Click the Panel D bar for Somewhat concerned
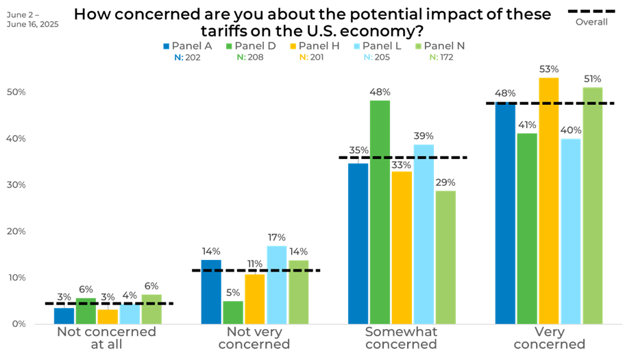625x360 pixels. (380, 212)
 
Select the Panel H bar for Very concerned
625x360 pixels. (549, 200)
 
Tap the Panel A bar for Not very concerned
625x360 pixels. (211, 291)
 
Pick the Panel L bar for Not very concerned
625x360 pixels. (277, 285)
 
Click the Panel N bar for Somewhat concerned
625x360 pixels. (445, 257)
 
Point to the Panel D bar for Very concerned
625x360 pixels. (527, 228)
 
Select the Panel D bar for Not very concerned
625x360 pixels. (233, 312)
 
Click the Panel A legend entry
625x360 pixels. (187, 46)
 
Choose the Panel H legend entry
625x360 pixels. (315, 46)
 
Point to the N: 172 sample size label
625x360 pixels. (441, 58)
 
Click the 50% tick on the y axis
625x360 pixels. (16, 92)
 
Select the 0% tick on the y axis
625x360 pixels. (19, 324)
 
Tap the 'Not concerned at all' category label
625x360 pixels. (106, 338)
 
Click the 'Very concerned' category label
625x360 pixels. (549, 338)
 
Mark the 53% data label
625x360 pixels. (549, 69)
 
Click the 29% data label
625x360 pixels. (445, 182)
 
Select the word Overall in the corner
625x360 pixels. (591, 22)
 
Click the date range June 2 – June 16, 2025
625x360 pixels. (32, 19)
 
